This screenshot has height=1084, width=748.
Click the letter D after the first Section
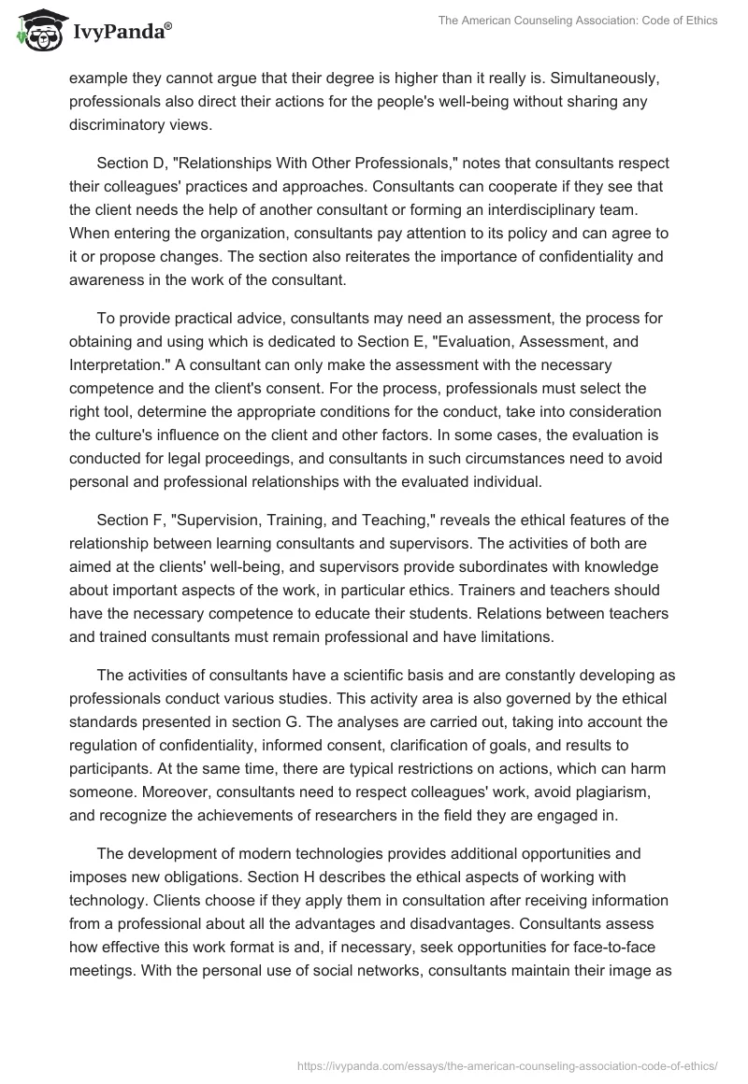point(155,163)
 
